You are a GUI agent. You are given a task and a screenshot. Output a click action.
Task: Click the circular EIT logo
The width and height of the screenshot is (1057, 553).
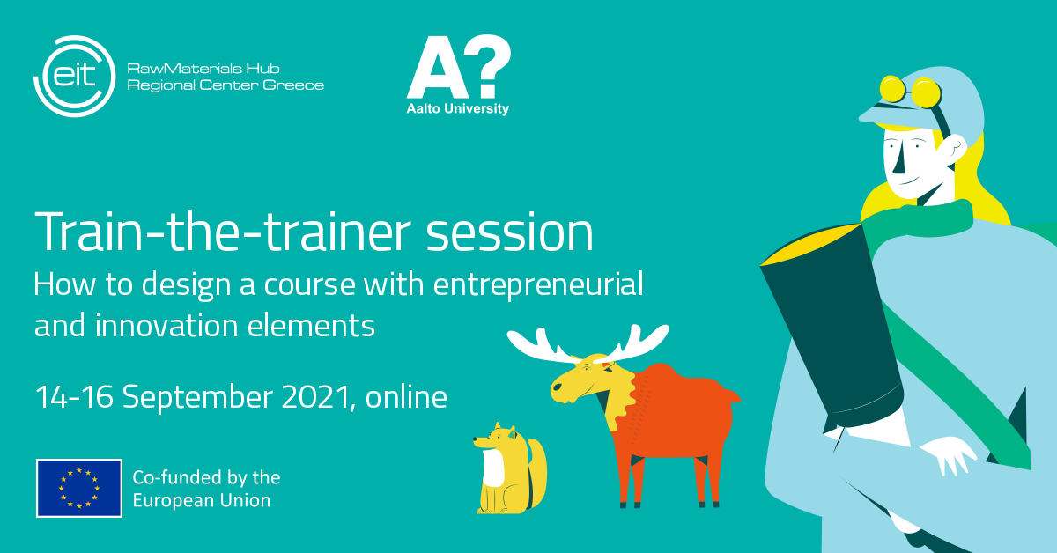[74, 76]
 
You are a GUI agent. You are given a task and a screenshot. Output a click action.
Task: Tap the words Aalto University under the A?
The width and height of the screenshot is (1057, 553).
[458, 109]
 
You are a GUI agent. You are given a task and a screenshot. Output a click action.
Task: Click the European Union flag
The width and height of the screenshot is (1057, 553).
[79, 488]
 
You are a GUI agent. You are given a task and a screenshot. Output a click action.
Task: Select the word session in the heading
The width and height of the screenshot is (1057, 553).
[509, 232]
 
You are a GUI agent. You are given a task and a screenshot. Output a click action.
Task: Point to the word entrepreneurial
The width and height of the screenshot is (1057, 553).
[538, 285]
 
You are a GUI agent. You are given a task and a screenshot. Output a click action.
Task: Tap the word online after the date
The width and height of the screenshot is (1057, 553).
[406, 396]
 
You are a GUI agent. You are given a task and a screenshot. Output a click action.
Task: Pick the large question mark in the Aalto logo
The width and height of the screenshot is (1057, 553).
[485, 66]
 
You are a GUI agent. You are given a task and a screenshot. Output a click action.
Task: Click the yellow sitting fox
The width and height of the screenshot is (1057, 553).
[511, 468]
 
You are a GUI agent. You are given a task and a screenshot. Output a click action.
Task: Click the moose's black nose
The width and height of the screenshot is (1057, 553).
[557, 387]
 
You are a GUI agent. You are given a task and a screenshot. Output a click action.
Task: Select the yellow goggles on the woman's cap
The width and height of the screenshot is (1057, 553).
[910, 92]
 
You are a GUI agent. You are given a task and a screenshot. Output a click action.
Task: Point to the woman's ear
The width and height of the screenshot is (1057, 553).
[952, 150]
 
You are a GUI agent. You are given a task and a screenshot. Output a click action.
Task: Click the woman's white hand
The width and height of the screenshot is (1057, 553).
[948, 453]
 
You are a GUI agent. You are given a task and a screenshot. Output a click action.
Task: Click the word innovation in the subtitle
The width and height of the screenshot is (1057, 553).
[166, 326]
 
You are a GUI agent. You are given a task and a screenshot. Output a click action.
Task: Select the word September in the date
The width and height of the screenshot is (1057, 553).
[197, 397]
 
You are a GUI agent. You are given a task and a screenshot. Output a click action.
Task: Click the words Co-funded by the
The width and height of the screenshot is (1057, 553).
[207, 477]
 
